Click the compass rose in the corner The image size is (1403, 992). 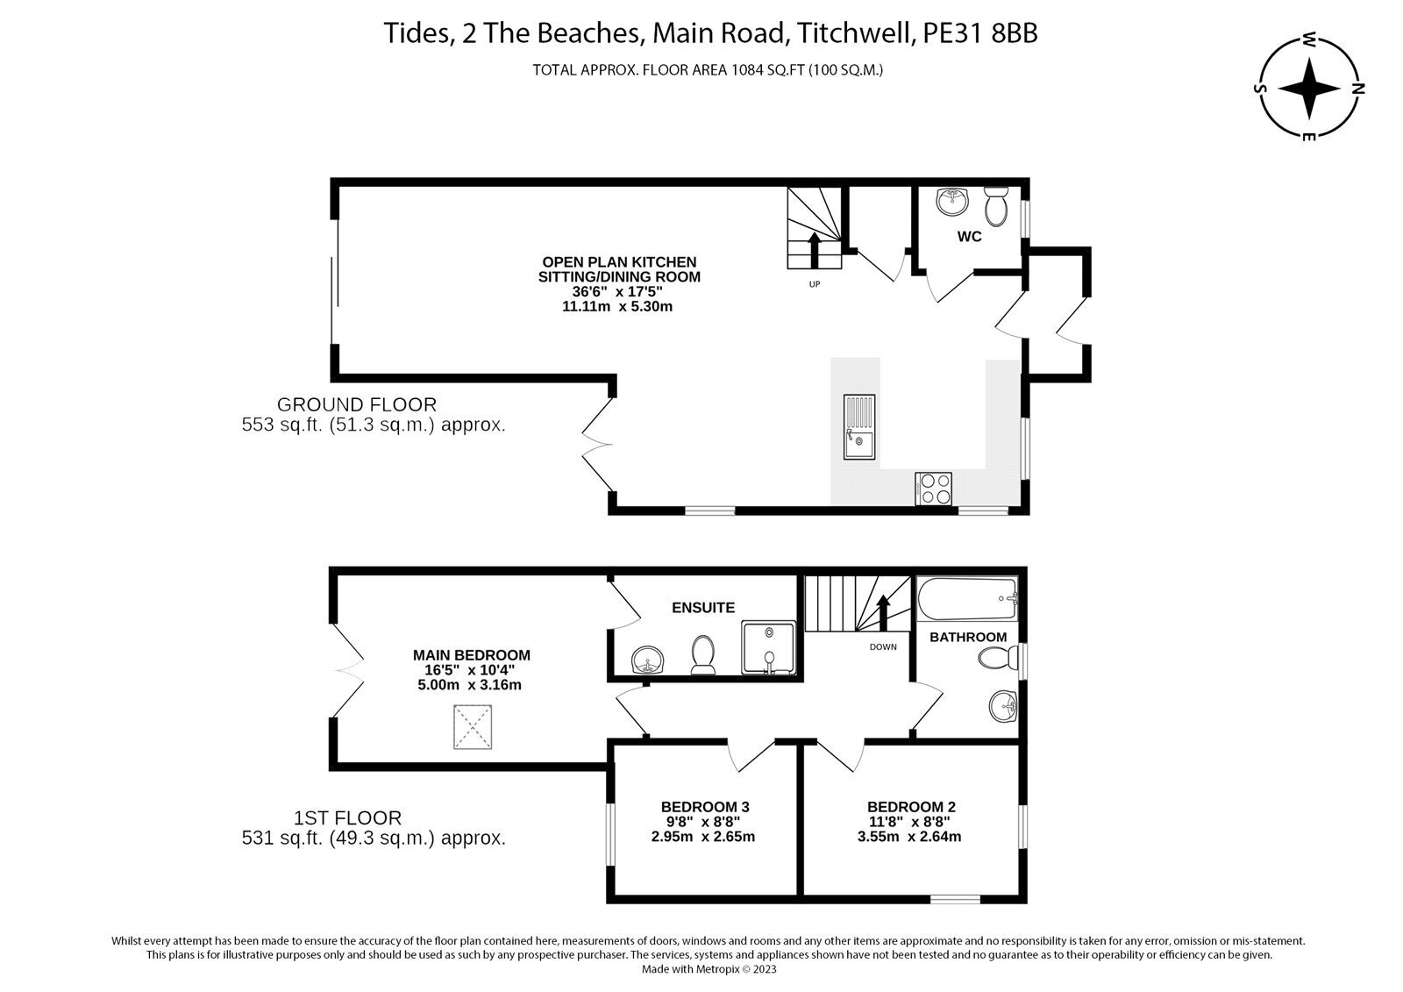(1309, 89)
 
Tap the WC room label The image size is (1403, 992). (969, 237)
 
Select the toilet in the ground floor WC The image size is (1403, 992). (996, 206)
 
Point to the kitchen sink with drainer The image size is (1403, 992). (859, 427)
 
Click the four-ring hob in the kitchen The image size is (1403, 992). (934, 489)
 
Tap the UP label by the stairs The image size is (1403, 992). (815, 283)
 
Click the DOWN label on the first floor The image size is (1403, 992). (883, 646)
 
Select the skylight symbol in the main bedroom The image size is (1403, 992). (472, 727)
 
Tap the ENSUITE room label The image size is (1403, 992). (703, 607)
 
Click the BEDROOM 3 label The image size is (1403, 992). (705, 807)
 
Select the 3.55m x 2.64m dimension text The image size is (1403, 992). (909, 837)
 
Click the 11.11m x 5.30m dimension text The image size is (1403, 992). (617, 306)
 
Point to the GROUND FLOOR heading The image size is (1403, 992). (356, 404)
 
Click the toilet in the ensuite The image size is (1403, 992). (703, 655)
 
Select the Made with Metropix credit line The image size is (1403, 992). (709, 969)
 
